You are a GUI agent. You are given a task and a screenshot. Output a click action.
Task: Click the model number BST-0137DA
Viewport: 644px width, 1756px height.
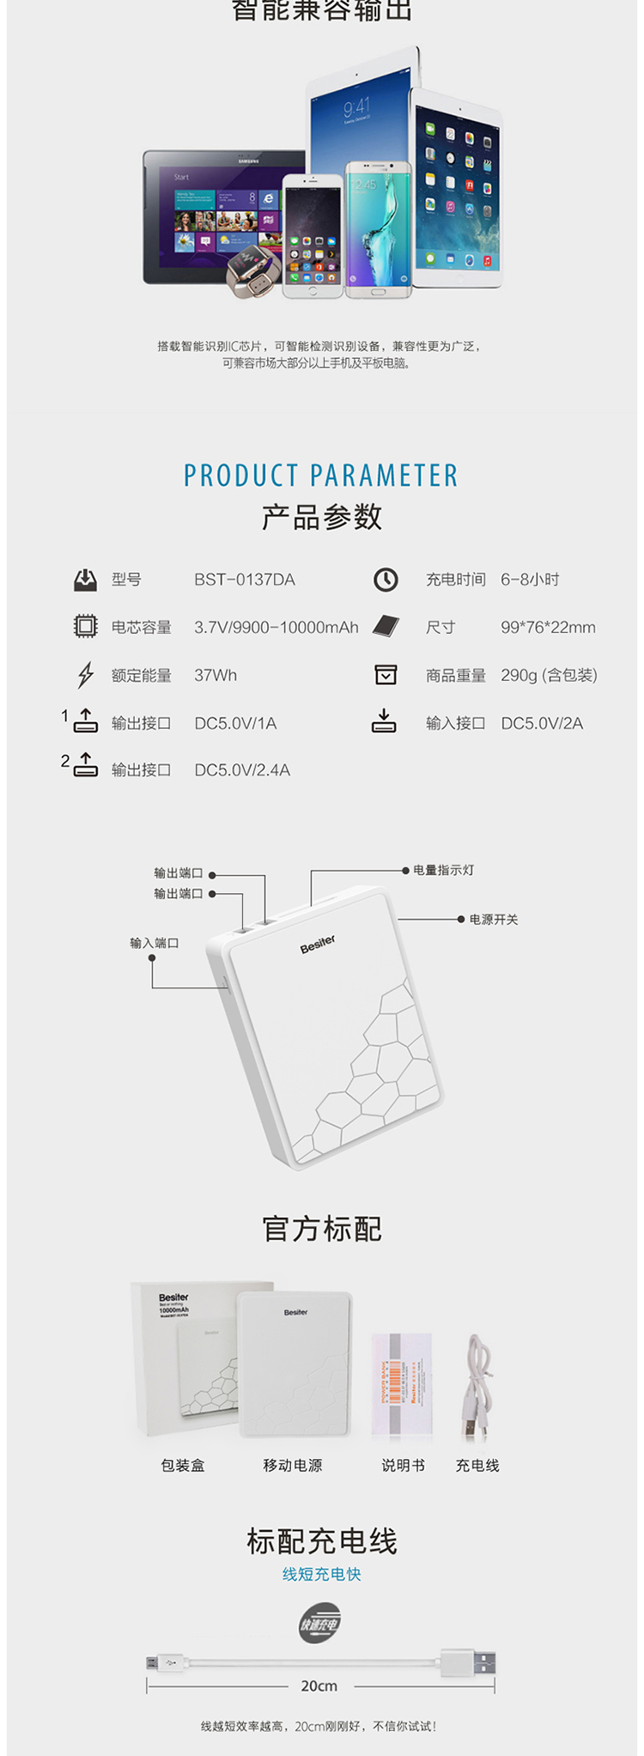click(244, 580)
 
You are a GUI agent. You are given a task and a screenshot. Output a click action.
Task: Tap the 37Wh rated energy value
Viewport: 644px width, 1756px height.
click(215, 676)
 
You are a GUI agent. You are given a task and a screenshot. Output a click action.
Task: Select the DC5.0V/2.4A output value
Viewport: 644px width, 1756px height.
click(241, 770)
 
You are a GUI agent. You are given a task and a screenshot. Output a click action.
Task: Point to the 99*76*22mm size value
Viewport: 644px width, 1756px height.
click(548, 628)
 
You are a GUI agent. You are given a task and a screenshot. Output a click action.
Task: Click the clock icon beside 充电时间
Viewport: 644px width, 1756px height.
click(386, 580)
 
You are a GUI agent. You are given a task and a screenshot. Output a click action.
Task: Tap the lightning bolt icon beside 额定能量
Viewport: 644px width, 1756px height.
click(85, 676)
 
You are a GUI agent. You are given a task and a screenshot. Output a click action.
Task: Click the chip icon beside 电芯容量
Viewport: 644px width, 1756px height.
click(85, 627)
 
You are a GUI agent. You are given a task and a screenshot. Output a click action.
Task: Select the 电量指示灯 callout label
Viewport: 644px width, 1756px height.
click(443, 870)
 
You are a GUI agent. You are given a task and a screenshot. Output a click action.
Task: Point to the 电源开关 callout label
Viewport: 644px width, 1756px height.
click(493, 920)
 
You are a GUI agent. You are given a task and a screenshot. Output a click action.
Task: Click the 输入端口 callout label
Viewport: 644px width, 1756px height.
click(155, 943)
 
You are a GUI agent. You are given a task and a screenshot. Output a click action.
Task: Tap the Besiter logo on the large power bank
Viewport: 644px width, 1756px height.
click(318, 944)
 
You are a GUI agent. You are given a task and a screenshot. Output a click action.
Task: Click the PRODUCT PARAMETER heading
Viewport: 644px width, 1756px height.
click(321, 476)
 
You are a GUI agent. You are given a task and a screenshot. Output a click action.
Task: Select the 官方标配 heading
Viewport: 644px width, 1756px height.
click(322, 1229)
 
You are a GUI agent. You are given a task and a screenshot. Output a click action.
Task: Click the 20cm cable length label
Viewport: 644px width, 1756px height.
click(319, 1686)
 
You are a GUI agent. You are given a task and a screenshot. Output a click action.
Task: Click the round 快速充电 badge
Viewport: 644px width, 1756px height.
click(319, 1624)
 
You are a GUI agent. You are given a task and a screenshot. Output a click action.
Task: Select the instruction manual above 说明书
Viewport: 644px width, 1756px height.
click(401, 1383)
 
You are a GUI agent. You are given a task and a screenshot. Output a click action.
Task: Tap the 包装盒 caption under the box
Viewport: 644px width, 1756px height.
click(183, 1466)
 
